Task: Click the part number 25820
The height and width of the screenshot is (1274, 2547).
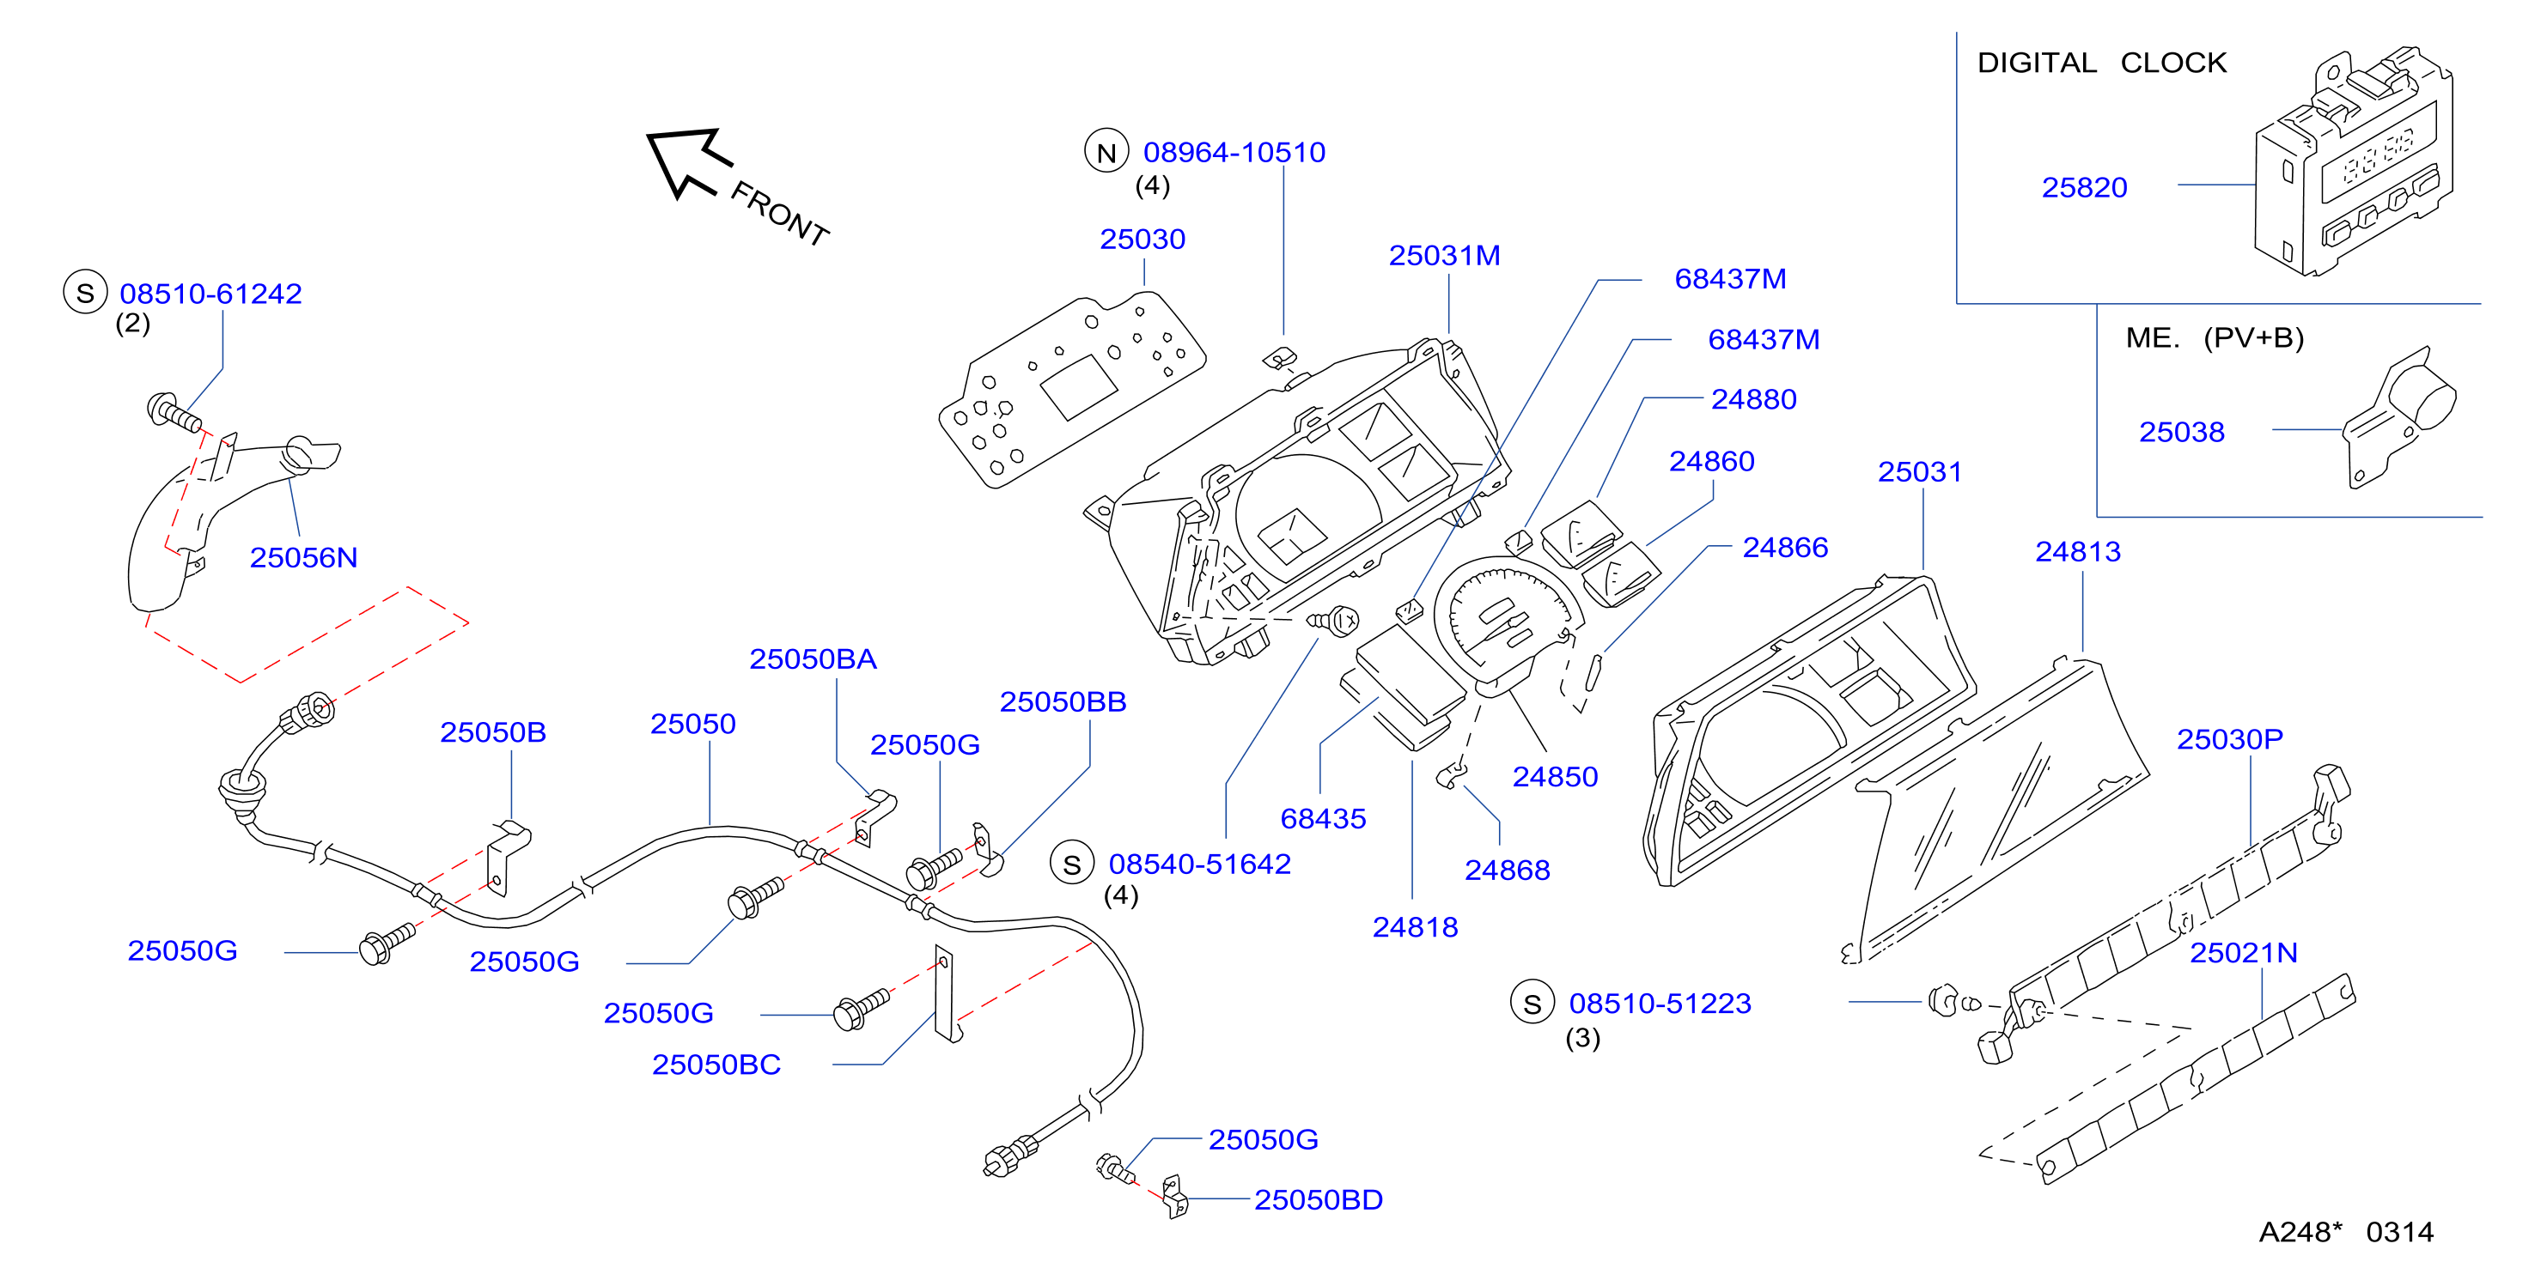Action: [x=2084, y=188]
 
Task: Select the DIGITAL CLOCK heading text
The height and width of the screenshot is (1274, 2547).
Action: [x=2101, y=64]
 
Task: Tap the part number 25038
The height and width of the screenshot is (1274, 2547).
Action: [x=2181, y=432]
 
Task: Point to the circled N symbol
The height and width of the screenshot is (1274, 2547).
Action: [x=1106, y=152]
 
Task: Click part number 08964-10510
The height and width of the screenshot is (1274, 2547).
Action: [x=1234, y=152]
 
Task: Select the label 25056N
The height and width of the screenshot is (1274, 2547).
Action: [x=303, y=557]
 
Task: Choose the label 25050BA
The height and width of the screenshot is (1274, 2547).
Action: [x=813, y=659]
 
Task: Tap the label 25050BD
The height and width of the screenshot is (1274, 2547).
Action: [x=1318, y=1200]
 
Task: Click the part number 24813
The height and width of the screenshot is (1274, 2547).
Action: [x=2077, y=551]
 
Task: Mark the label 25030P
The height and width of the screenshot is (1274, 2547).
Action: [x=2230, y=739]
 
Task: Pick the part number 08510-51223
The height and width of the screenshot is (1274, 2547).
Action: [x=1660, y=1004]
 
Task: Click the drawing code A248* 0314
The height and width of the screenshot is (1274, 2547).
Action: [x=2346, y=1233]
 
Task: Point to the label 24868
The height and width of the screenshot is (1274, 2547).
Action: [x=1507, y=871]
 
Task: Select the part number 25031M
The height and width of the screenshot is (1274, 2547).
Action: [x=1445, y=256]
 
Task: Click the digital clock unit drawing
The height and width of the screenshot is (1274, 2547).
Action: [x=2353, y=163]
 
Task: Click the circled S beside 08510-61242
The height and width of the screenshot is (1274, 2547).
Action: [x=85, y=293]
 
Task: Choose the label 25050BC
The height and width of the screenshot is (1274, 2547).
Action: [x=716, y=1065]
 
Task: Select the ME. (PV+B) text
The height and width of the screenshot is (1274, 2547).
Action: [x=2215, y=338]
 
